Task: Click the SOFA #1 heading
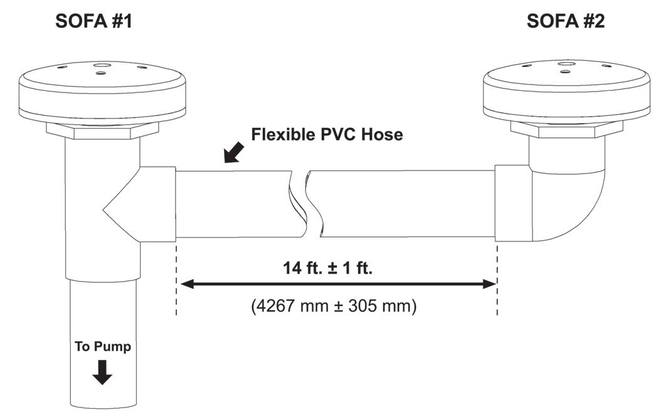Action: [93, 21]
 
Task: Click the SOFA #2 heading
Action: [566, 21]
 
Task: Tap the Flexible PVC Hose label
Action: [327, 134]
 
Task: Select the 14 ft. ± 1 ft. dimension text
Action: [327, 268]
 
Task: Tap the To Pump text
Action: [103, 346]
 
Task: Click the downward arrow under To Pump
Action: [102, 374]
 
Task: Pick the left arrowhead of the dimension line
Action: [186, 284]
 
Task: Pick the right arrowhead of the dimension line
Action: [489, 284]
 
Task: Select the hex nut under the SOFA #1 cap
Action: [102, 130]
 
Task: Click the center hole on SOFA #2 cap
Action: [566, 64]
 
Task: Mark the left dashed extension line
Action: [176, 279]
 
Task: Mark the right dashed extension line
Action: [497, 279]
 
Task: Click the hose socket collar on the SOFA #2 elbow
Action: [514, 203]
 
